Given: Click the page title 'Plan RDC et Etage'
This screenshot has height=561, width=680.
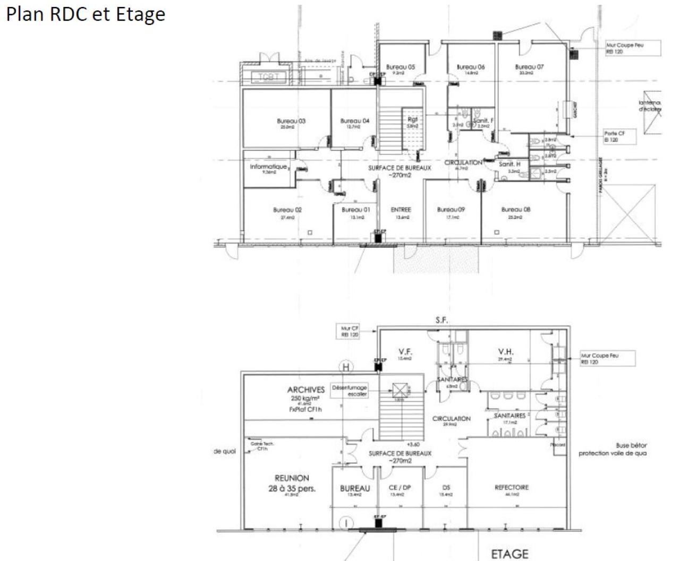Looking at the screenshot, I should (86, 14).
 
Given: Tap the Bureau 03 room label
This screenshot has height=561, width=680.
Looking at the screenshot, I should (291, 122).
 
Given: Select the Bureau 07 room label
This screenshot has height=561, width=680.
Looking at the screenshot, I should (529, 67).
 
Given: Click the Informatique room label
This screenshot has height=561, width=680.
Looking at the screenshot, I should (268, 167).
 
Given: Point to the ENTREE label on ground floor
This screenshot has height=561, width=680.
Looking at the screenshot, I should (401, 210).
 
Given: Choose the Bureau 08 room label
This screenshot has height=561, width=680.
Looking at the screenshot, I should (515, 210).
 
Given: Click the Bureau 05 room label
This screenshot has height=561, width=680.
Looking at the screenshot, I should (401, 67).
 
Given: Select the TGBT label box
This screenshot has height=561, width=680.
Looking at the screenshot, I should (268, 77).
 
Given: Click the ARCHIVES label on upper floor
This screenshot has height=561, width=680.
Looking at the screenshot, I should (305, 390).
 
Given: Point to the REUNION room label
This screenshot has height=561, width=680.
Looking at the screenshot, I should (292, 478).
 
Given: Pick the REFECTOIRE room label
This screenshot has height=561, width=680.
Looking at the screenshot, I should (512, 487).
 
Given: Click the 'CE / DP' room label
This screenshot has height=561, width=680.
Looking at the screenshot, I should (399, 488).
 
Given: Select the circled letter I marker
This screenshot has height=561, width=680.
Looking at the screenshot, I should (346, 523).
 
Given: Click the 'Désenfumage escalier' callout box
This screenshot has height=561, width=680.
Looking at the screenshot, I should (350, 391).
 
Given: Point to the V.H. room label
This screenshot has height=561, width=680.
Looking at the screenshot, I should (505, 352).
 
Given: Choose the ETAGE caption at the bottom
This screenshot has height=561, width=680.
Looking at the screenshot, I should (509, 554).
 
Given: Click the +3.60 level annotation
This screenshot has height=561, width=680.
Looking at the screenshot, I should (414, 445).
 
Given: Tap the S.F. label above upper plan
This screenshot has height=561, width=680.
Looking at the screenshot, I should (441, 320).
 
